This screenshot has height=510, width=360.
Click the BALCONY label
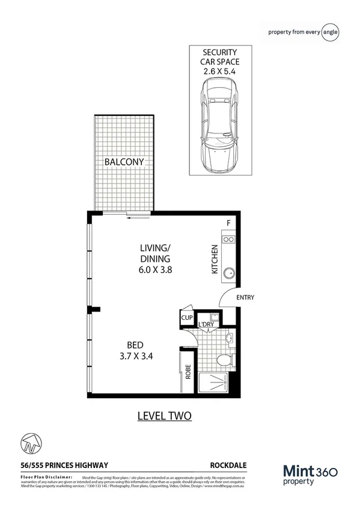coord(124,162)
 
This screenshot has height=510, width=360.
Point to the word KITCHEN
coord(213,260)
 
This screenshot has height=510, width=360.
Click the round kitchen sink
coord(229,274)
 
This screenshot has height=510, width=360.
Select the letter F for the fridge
coord(228,224)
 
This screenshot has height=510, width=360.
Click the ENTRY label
coord(245,298)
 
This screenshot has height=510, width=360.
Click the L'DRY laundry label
coord(206,325)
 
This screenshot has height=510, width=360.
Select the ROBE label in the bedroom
coord(188,372)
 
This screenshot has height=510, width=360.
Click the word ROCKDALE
coord(228,465)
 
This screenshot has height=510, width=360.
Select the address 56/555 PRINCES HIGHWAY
coord(64,465)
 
